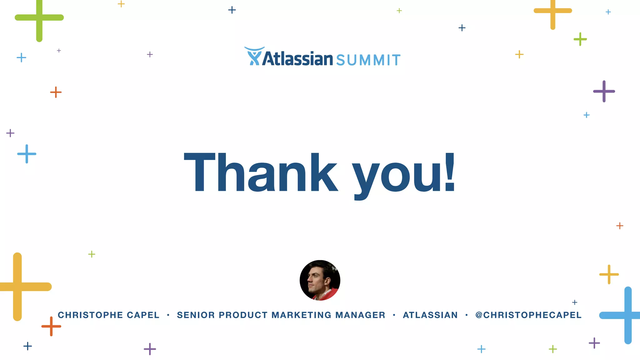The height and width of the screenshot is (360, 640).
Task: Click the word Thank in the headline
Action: click(x=261, y=172)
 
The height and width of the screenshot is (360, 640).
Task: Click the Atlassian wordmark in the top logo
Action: click(x=297, y=59)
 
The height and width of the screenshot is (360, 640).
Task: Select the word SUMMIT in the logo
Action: click(x=368, y=60)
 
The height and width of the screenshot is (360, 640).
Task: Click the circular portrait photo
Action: click(x=320, y=280)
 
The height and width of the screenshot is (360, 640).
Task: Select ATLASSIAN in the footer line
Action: click(x=430, y=315)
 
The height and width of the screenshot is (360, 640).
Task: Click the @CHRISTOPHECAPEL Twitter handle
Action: click(x=528, y=315)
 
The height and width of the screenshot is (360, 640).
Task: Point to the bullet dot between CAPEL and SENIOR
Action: click(x=168, y=315)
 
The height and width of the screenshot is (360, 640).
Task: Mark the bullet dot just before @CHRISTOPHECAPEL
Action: click(x=467, y=315)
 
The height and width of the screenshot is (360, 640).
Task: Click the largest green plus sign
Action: click(x=39, y=18)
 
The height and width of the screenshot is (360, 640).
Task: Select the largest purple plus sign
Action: click(x=604, y=91)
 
